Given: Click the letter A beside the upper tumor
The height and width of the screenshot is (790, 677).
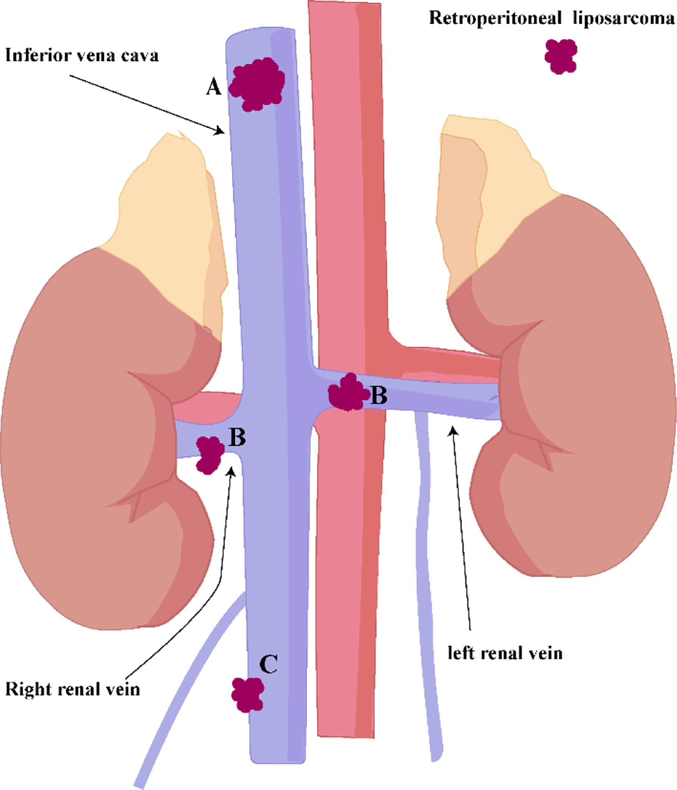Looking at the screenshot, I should (x=214, y=87).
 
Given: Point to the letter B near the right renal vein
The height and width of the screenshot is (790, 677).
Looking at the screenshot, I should (x=237, y=438).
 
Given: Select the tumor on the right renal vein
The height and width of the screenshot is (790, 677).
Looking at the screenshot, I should (x=209, y=455).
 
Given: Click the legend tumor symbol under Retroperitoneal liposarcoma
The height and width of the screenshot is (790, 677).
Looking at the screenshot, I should (x=560, y=56).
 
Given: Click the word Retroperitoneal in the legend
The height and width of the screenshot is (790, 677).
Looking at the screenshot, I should (x=495, y=18).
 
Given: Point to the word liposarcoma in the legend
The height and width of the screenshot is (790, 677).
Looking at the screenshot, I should (x=623, y=18).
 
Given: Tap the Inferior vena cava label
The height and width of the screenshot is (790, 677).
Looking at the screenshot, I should (x=82, y=55).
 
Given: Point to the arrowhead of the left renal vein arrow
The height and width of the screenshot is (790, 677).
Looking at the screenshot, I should (x=453, y=430).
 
